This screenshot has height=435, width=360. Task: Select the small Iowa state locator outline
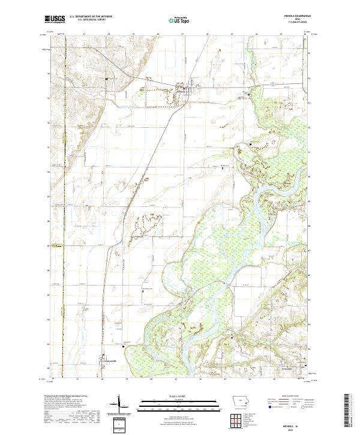(x=238, y=401)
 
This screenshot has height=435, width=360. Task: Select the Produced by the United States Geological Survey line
(x=65, y=397)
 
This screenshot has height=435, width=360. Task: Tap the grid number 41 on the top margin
(x=182, y=34)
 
